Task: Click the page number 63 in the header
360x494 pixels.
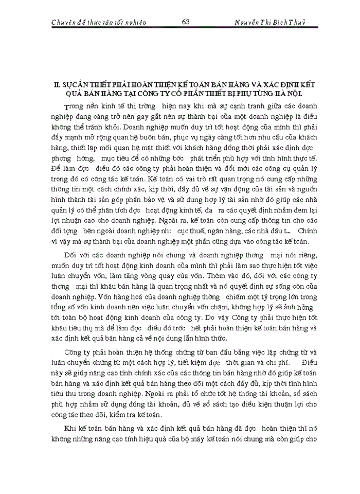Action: (186, 22)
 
